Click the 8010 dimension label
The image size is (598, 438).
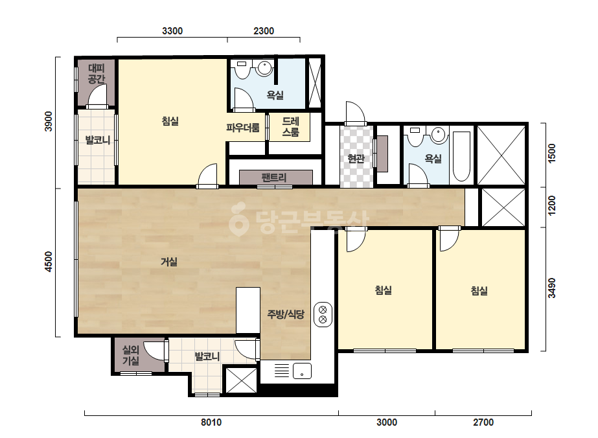tap(211, 422)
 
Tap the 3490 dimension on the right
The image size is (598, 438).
tap(551, 288)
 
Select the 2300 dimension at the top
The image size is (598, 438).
tap(264, 31)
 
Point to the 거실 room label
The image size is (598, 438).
tap(169, 262)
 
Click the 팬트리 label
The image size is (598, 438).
tap(274, 178)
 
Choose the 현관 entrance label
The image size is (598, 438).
tap(356, 158)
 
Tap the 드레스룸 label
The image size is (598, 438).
tap(291, 126)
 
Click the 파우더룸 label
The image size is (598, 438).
tap(243, 128)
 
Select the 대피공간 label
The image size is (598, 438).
tap(96, 74)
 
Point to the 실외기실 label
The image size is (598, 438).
tap(130, 355)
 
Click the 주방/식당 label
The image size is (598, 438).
tap(286, 314)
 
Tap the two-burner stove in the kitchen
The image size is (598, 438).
tap(323, 314)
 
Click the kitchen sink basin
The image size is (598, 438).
tap(302, 371)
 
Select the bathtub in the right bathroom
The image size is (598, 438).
tap(461, 156)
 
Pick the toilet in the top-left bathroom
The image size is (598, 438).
tap(242, 69)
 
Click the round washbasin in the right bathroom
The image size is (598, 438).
tap(439, 135)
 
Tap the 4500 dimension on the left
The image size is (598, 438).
tap(49, 262)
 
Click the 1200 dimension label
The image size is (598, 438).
tap(551, 205)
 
